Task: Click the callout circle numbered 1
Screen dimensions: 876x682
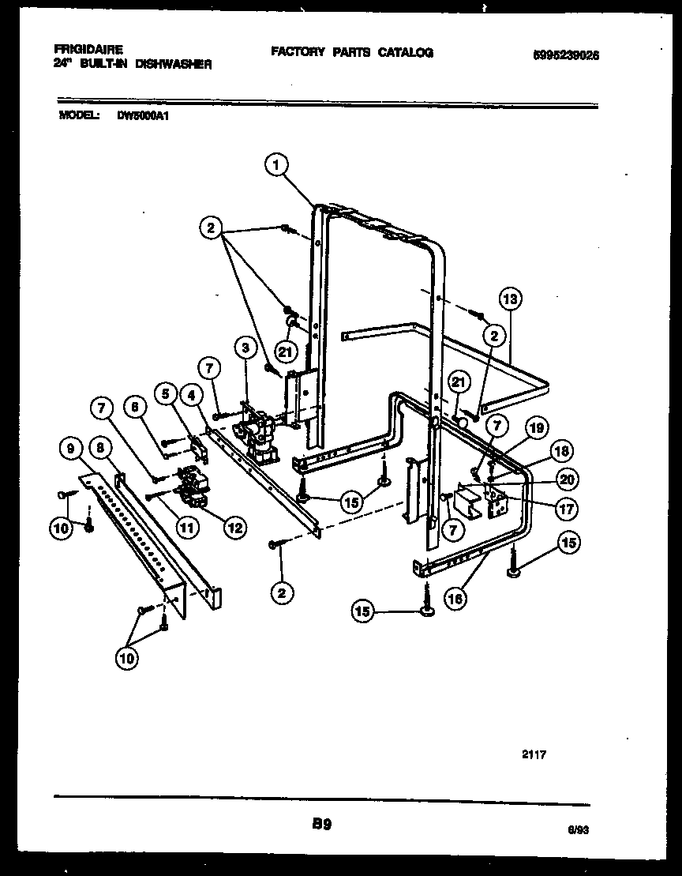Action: coord(275,164)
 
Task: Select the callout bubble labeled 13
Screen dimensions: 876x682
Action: coord(511,299)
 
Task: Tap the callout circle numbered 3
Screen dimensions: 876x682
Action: coord(245,348)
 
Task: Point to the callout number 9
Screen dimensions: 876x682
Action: coord(71,449)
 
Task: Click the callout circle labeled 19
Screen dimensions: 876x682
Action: coord(536,430)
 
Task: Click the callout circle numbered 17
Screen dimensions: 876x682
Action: coord(566,509)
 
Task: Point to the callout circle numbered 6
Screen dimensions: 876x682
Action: coord(135,406)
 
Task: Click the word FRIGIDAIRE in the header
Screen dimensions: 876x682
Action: coord(88,49)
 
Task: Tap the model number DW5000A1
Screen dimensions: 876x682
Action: coord(144,115)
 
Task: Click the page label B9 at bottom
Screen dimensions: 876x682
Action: coord(320,824)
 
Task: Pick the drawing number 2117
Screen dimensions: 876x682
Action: coord(534,754)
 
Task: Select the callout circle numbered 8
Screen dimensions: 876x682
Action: coord(101,449)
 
